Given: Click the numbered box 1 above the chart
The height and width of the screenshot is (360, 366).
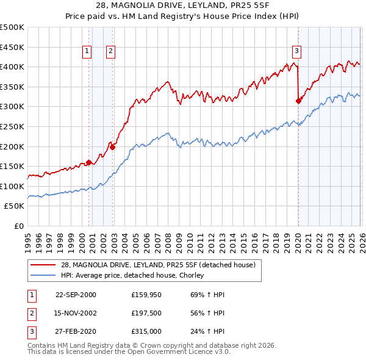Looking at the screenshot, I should pos(88,51).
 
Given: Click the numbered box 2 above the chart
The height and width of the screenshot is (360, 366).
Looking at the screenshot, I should pos(110,51).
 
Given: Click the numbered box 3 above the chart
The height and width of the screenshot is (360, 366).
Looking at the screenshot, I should pos(296,51).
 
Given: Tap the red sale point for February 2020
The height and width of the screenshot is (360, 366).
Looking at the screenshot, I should pos(298,101).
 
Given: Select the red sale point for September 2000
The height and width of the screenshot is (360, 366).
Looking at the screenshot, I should pos(89,162).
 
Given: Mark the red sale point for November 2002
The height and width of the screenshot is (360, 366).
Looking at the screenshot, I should pos(112,147).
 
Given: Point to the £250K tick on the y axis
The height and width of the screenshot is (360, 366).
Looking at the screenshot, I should pos(12,126).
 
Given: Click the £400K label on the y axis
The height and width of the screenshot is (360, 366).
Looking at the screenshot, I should pos(12,67).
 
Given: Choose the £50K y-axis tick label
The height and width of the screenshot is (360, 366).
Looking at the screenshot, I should pos(15,206).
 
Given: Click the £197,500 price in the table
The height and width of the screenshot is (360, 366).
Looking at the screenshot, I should pos(145,314).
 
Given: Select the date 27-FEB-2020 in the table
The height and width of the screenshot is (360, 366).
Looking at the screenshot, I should pos(76,333).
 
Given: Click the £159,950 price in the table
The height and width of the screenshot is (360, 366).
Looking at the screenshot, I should pos(145,295).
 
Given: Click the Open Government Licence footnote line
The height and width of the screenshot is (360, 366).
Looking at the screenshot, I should pos(125,353).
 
